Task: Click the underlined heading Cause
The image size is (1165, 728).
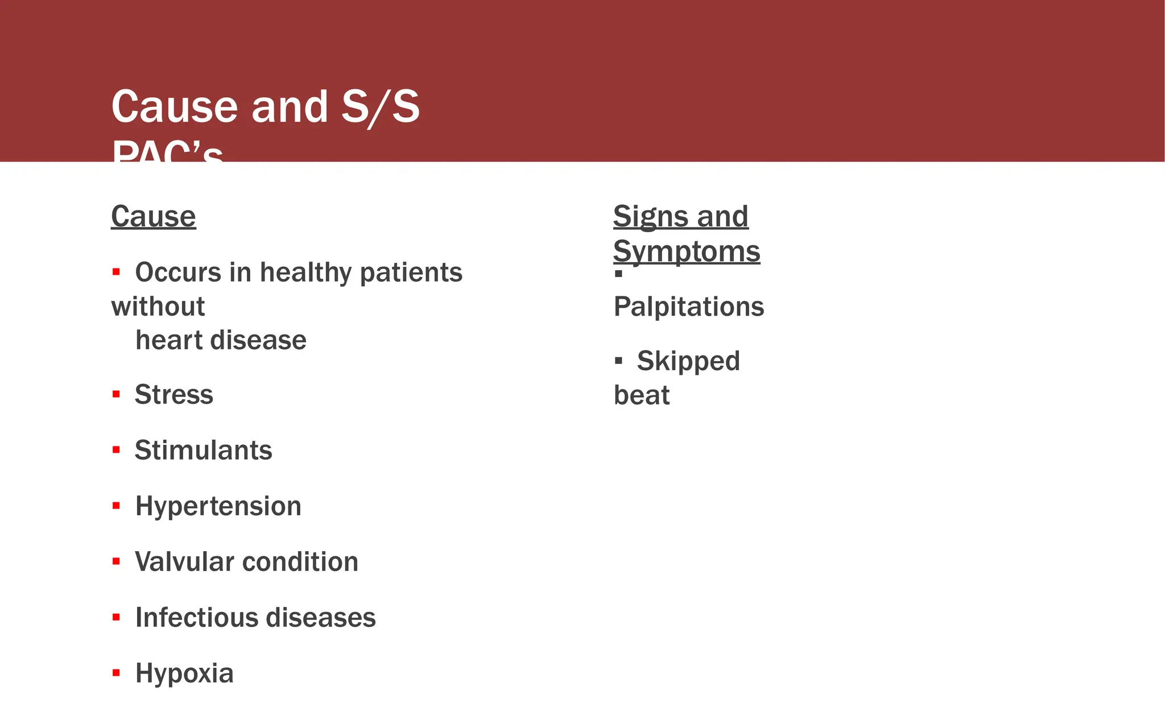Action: [154, 217]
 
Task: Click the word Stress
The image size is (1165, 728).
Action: [174, 395]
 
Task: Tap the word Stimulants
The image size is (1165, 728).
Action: [204, 450]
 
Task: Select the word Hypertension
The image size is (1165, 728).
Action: [218, 506]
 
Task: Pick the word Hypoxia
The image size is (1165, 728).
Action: [184, 674]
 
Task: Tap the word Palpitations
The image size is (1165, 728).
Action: [689, 307]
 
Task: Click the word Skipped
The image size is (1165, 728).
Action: [688, 361]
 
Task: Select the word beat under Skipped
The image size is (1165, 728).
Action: [642, 395]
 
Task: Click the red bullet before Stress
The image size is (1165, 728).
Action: [116, 394]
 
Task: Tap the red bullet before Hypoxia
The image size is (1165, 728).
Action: [116, 673]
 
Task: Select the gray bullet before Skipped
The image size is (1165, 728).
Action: [619, 361]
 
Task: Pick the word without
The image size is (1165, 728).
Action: [158, 307]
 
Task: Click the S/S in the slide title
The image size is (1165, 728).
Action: [381, 107]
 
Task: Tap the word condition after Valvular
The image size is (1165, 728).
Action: [301, 562]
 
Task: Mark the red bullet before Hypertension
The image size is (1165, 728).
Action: [116, 506]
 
